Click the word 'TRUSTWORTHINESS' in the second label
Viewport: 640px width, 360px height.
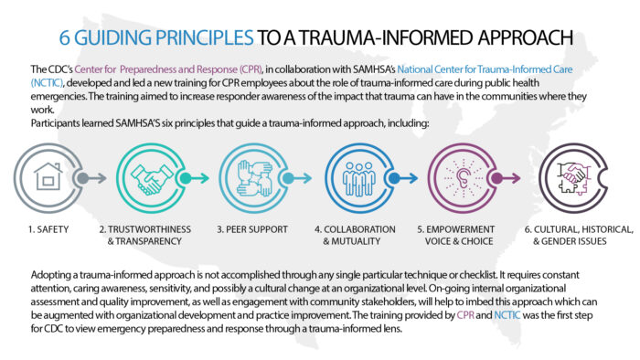(146, 229)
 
